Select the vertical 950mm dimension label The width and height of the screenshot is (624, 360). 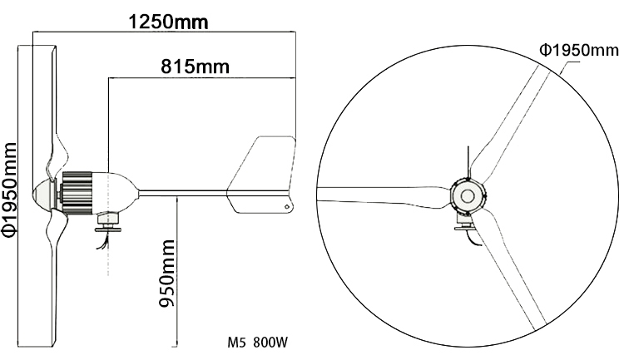point(166,275)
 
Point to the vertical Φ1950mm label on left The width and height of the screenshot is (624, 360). point(10,191)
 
